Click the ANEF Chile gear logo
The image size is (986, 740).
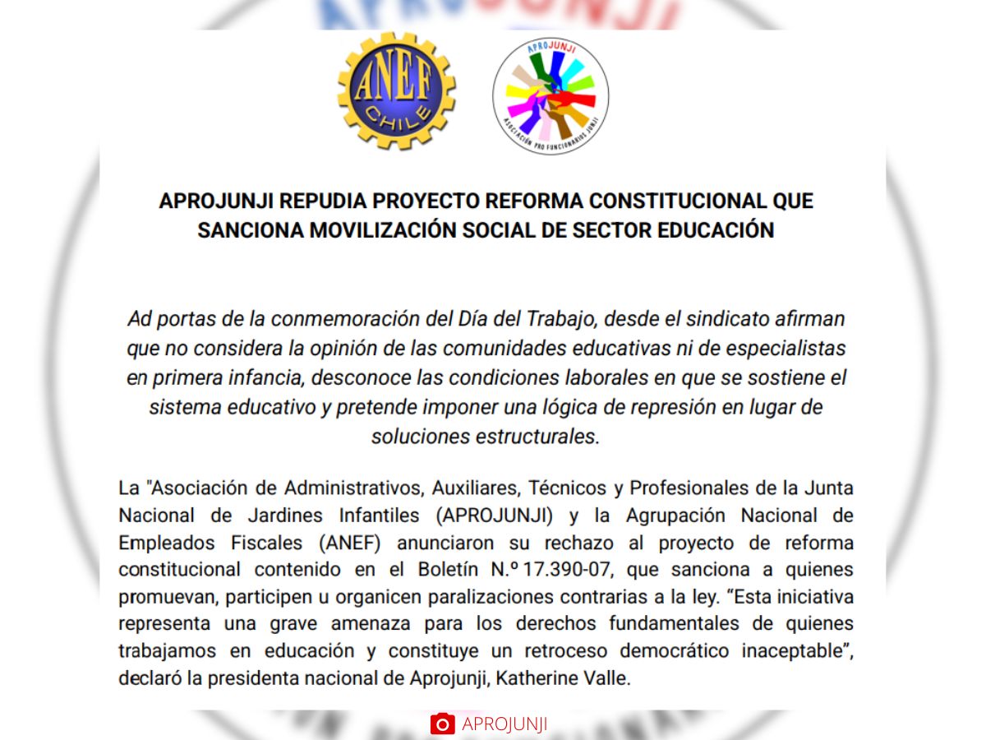pos(396,90)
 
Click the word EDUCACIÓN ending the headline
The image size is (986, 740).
pos(716,230)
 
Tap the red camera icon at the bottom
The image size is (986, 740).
pos(442,724)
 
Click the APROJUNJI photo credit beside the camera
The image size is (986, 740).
pos(505,724)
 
